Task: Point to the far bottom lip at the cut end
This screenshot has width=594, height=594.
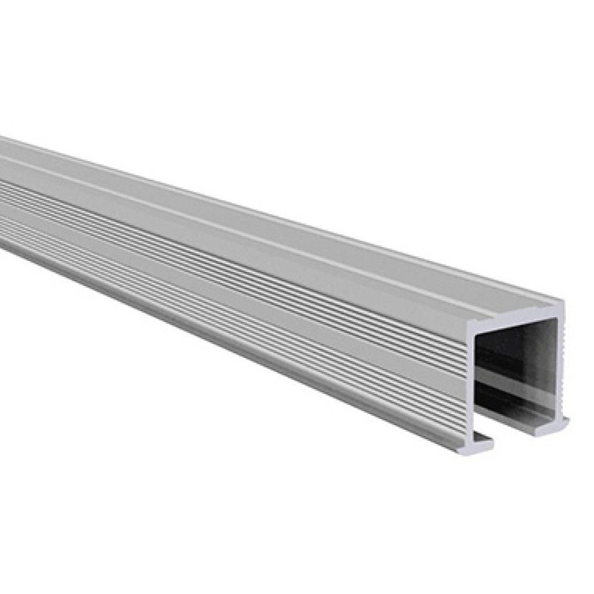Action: (x=551, y=427)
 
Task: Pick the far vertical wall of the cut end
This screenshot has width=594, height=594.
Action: (x=560, y=365)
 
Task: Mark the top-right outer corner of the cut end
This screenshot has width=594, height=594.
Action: (x=562, y=303)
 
